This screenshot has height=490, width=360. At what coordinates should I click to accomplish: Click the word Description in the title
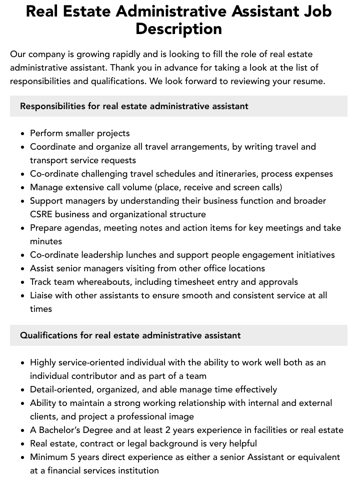pyautogui.click(x=178, y=29)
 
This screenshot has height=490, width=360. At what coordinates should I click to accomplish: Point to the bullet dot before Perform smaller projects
pyautogui.click(x=22, y=134)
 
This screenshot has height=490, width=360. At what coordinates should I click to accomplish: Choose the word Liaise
pyautogui.click(x=41, y=295)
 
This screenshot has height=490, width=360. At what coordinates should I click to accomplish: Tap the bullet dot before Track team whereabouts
pyautogui.click(x=22, y=282)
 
